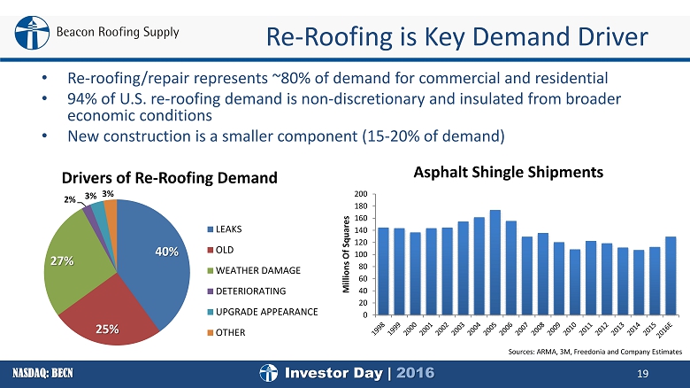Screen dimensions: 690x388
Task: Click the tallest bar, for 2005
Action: (x=495, y=262)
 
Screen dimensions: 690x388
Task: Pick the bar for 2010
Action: (x=575, y=283)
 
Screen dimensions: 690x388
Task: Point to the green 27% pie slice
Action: (x=75, y=260)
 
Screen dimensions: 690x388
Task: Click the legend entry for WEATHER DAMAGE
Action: (x=254, y=270)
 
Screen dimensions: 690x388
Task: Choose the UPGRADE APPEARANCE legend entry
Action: (x=263, y=312)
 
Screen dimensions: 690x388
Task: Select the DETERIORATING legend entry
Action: (x=247, y=291)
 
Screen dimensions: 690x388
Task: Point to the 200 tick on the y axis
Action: (x=361, y=194)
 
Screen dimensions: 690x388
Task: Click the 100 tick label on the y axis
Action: (x=361, y=254)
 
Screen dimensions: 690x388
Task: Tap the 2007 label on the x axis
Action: (x=521, y=330)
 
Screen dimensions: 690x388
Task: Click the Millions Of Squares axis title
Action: (x=346, y=254)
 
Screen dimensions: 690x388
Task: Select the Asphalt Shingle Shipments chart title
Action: (x=509, y=172)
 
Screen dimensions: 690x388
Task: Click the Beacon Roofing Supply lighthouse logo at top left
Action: (x=32, y=33)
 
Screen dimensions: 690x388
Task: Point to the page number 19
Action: (x=642, y=374)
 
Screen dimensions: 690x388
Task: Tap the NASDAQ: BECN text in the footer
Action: (x=42, y=374)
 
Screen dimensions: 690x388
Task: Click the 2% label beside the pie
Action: (x=70, y=199)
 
